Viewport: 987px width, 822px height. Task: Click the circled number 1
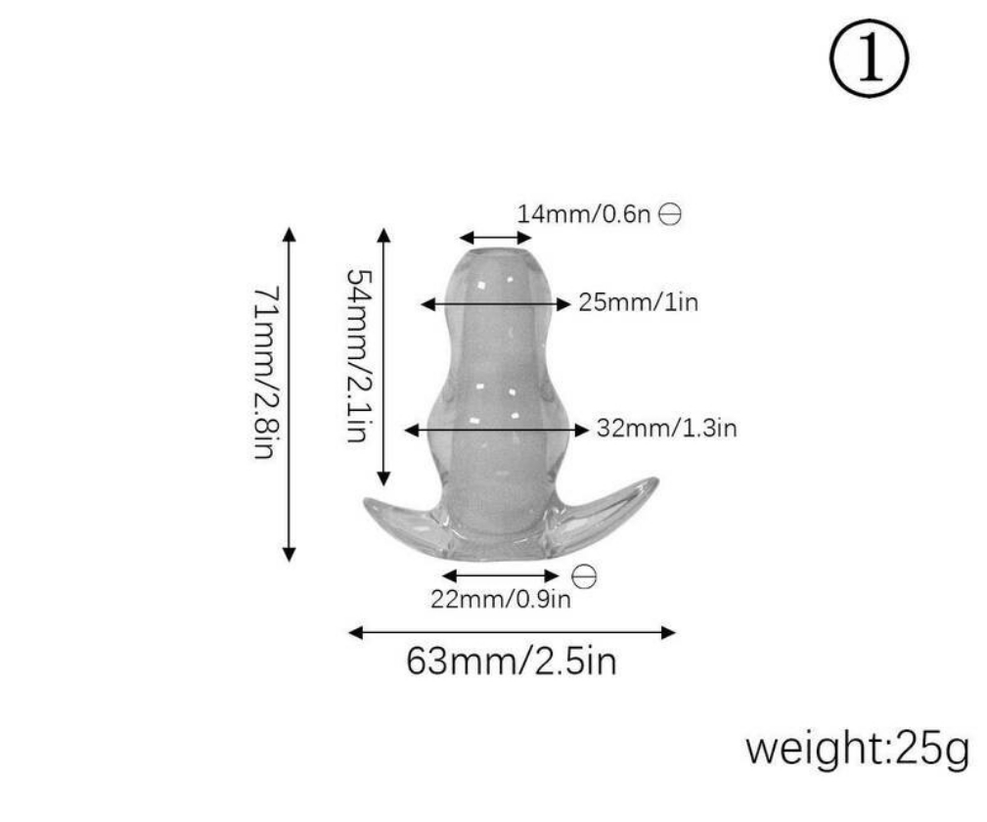click(869, 58)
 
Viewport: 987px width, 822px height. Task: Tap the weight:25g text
click(857, 749)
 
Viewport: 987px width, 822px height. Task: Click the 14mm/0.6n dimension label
click(583, 214)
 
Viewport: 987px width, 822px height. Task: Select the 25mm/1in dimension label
click(639, 302)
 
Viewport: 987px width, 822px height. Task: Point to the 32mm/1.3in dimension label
click(666, 429)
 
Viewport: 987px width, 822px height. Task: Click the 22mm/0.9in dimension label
click(501, 598)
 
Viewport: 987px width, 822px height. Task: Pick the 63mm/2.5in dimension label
click(512, 662)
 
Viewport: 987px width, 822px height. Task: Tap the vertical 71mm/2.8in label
click(265, 373)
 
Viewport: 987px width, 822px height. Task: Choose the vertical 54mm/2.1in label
click(361, 356)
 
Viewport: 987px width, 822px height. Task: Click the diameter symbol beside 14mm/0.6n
click(670, 214)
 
